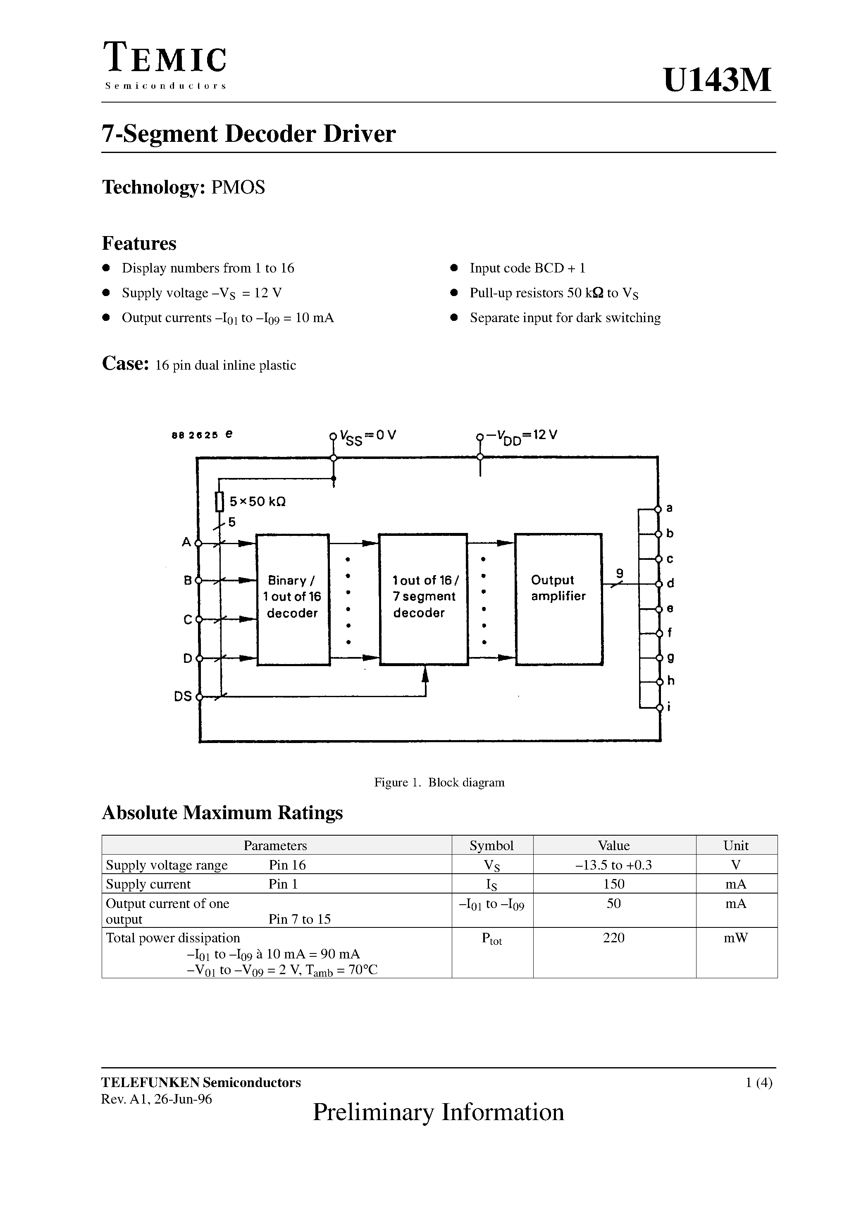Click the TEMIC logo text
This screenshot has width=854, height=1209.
(x=165, y=59)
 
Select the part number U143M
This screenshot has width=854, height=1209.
(x=717, y=80)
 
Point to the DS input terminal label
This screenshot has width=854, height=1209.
(x=183, y=697)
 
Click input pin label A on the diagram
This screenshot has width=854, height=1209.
(x=186, y=542)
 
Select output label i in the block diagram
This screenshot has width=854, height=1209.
(x=669, y=707)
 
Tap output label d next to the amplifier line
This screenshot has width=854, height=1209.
(x=670, y=583)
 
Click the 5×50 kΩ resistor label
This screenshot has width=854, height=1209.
(x=258, y=502)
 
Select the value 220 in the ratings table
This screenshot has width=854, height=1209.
(x=614, y=938)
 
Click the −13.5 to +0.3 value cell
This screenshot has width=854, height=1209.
(x=614, y=865)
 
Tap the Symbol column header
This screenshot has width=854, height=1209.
(x=492, y=846)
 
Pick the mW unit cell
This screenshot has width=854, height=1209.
(x=736, y=938)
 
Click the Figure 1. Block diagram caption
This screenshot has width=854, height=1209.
(x=439, y=782)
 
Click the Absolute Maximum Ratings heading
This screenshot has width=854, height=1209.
(x=222, y=813)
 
